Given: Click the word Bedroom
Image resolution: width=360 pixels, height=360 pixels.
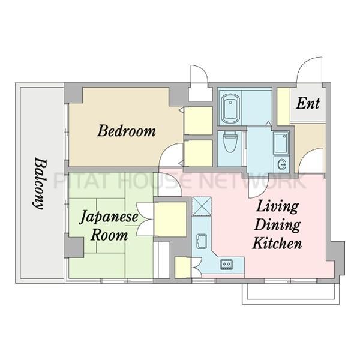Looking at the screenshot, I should (x=127, y=130).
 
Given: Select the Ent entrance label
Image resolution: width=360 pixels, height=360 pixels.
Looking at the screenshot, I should (x=308, y=103).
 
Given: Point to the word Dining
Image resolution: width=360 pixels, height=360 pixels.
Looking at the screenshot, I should (x=276, y=225).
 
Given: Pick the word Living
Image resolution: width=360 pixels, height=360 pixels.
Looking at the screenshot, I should (x=277, y=207).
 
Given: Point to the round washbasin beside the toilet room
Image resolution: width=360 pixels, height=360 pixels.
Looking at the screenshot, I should (x=282, y=163).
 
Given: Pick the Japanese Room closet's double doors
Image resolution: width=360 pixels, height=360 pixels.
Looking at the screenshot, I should (x=145, y=221).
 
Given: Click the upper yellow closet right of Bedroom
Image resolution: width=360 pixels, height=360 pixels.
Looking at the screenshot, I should (x=197, y=121).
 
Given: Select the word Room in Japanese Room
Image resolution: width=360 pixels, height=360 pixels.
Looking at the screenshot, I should (x=109, y=235).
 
